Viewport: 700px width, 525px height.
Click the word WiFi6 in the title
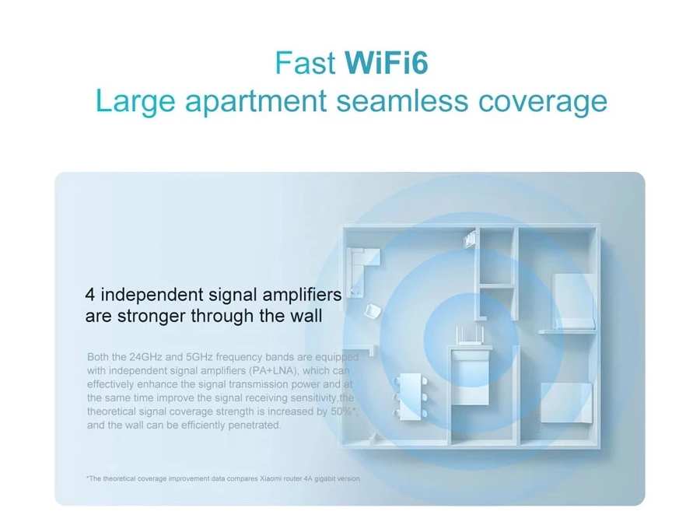(387, 63)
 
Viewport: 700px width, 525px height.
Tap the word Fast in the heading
(305, 63)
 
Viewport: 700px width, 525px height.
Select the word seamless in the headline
(402, 101)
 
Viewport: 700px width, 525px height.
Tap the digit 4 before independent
(89, 295)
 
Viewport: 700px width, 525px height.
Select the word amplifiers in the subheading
(302, 295)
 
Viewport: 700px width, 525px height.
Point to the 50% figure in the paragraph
(341, 411)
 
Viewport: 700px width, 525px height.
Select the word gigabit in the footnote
(324, 478)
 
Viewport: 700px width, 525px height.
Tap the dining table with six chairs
(411, 397)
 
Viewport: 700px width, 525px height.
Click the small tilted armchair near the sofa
(373, 312)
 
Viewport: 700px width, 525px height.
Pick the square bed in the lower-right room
(566, 403)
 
